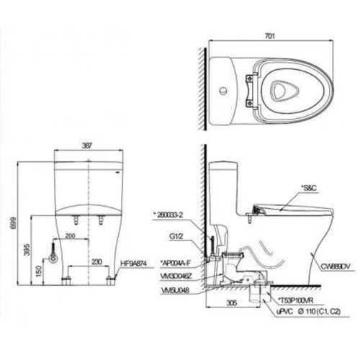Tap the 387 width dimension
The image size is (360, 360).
[x=87, y=145]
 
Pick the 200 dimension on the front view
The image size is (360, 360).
[x=71, y=235]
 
